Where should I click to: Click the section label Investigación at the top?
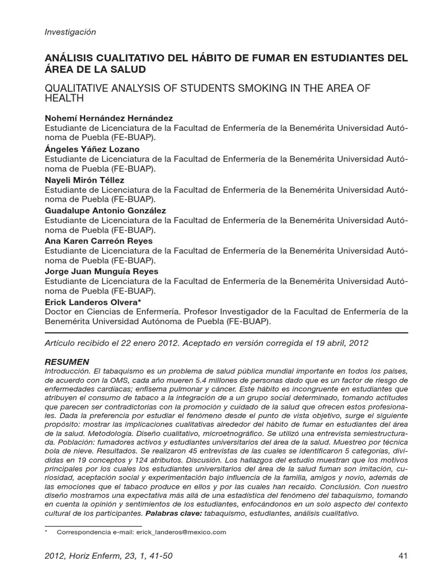[70, 32]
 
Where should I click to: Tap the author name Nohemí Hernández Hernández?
[109, 118]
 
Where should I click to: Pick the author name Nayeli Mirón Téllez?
[84, 180]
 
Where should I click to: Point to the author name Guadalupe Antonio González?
[105, 210]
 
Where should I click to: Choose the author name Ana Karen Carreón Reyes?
[99, 241]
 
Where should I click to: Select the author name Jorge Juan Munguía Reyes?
[102, 272]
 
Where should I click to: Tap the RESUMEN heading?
[67, 362]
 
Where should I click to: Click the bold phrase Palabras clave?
[173, 513]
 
